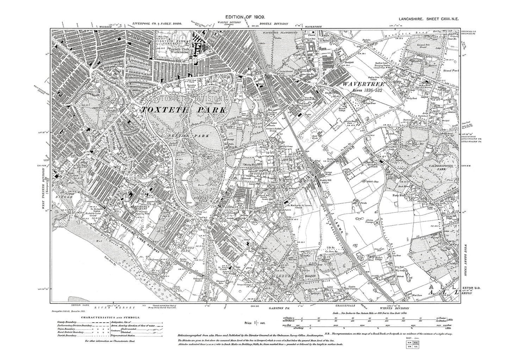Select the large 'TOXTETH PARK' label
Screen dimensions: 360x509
click(184, 110)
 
